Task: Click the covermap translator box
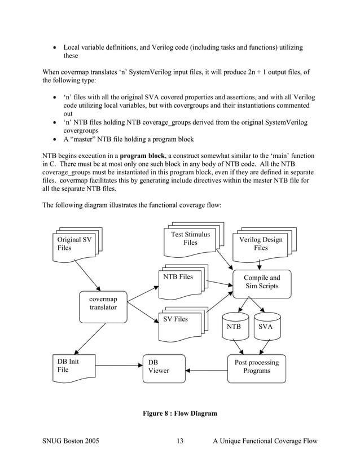pyautogui.click(x=103, y=306)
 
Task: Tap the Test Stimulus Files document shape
pyautogui.click(x=190, y=240)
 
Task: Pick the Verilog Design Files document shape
pyautogui.click(x=260, y=245)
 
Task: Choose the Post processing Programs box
pyautogui.click(x=256, y=367)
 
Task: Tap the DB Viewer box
pyautogui.click(x=164, y=368)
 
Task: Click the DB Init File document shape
pyautogui.click(x=71, y=366)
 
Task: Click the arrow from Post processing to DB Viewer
pyautogui.click(x=207, y=371)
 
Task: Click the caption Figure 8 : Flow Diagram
pyautogui.click(x=180, y=414)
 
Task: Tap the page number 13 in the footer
pyautogui.click(x=180, y=441)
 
